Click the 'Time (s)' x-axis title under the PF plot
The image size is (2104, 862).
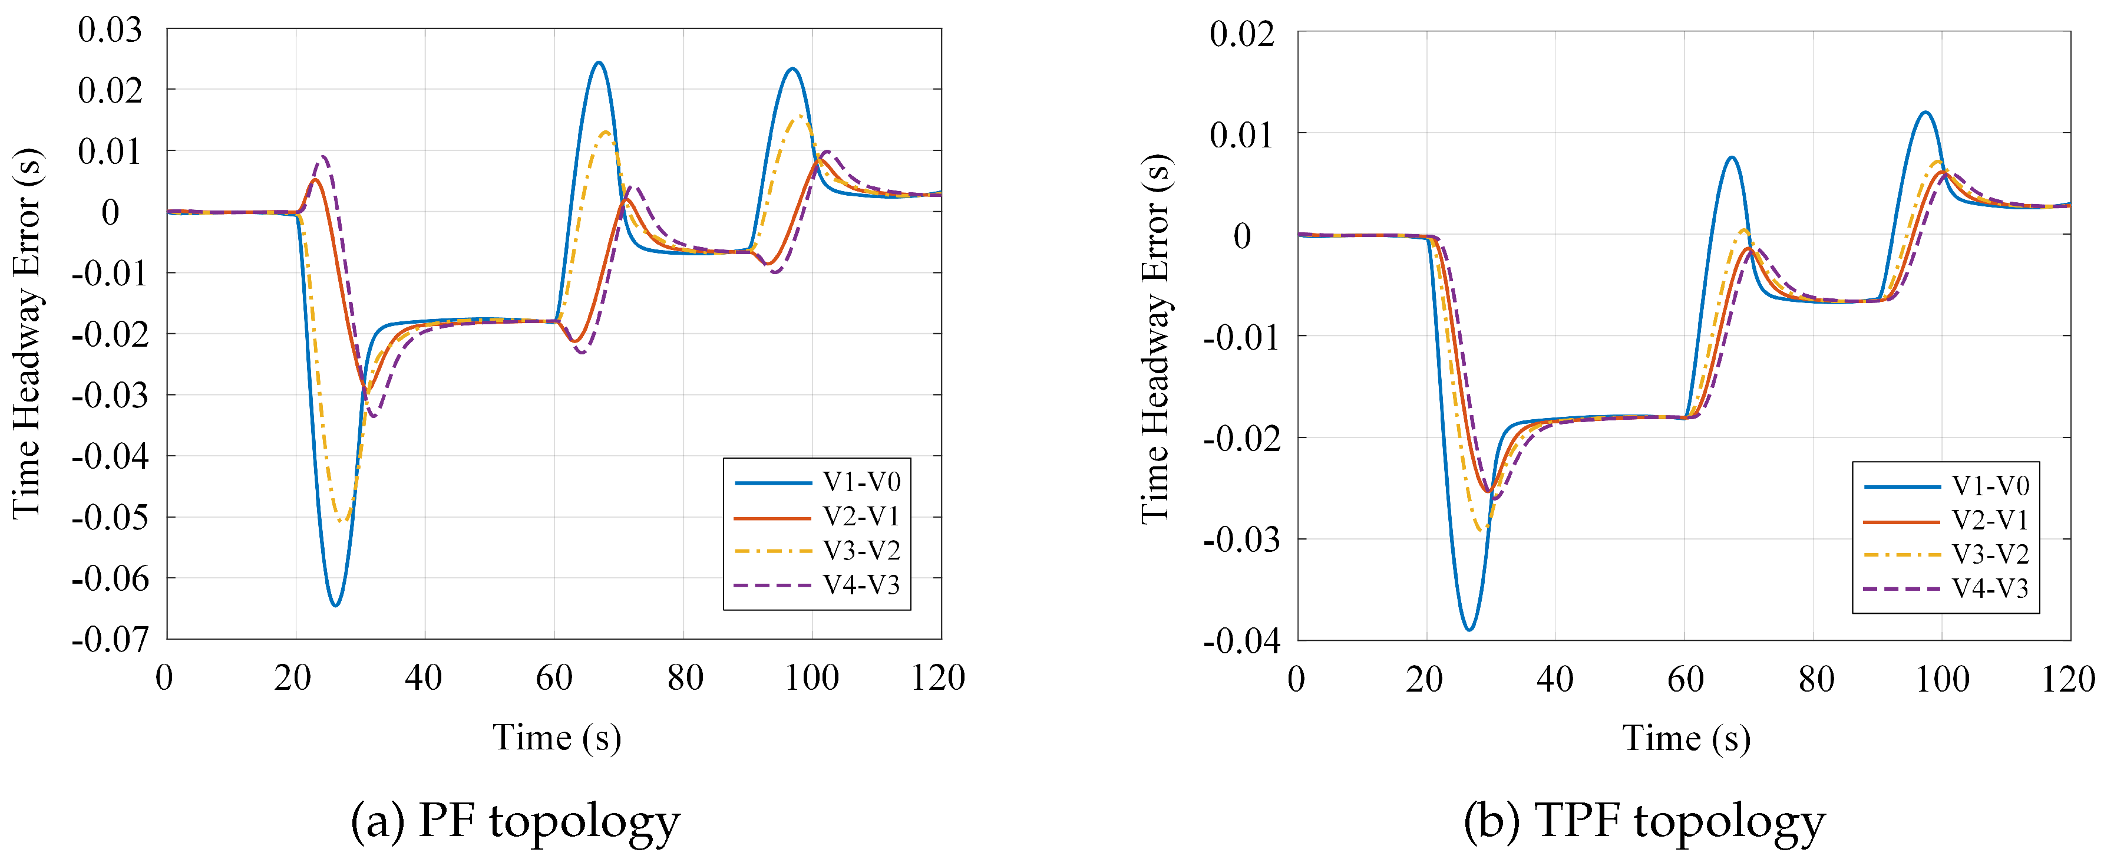pyautogui.click(x=556, y=738)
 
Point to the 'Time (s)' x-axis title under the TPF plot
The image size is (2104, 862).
pyautogui.click(x=1686, y=738)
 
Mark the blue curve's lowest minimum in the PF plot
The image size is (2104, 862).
pyautogui.click(x=335, y=606)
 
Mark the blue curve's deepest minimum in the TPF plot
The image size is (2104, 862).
pyautogui.click(x=1468, y=630)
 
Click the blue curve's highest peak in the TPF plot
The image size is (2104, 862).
pyautogui.click(x=1925, y=112)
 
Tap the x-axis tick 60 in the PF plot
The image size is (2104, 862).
pyautogui.click(x=554, y=678)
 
